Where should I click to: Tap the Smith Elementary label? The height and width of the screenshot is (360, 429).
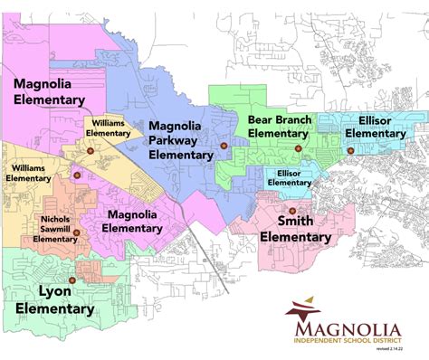coord(296,228)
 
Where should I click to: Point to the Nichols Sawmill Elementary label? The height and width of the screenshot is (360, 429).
coord(55,230)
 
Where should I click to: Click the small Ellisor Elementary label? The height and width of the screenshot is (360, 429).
coord(289,177)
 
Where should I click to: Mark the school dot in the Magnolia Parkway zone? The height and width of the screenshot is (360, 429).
coord(222,146)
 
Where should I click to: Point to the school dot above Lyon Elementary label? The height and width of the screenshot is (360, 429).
coord(72,280)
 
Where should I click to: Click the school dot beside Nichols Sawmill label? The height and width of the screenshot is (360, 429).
coord(77,232)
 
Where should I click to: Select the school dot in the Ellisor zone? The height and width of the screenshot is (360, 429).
coord(350,150)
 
